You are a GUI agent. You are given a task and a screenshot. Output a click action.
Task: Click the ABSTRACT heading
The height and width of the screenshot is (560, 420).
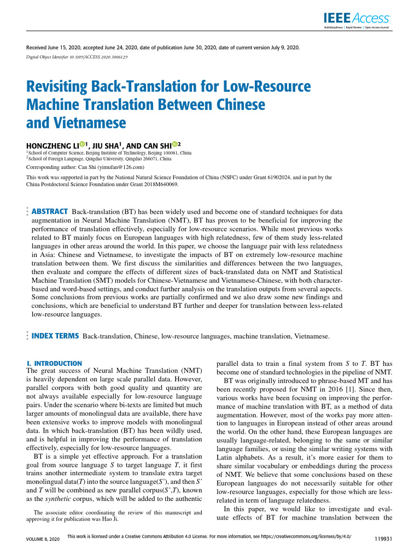coord(50,211)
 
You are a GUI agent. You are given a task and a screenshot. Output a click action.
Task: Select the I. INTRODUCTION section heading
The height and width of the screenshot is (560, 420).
coord(55,363)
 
